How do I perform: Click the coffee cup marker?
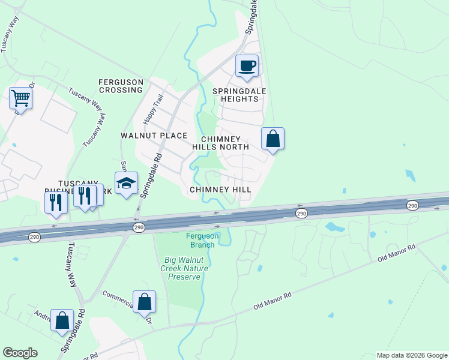tap(247, 66)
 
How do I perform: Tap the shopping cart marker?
tap(20, 98)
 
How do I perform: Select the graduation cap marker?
tap(127, 184)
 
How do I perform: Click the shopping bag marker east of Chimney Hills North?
tap(273, 139)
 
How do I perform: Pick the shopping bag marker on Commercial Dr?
tap(145, 302)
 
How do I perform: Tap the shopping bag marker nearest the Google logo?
tap(62, 321)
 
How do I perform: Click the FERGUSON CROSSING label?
tap(121, 86)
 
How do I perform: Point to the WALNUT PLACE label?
tap(154, 136)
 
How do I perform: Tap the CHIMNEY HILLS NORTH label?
tap(220, 142)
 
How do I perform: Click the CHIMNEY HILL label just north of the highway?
tap(220, 189)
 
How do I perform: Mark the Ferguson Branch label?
tap(202, 240)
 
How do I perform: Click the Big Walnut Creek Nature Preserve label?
tap(186, 268)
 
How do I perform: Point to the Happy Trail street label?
tap(149, 109)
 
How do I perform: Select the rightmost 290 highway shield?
tap(412, 205)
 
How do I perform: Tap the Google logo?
tap(20, 353)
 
